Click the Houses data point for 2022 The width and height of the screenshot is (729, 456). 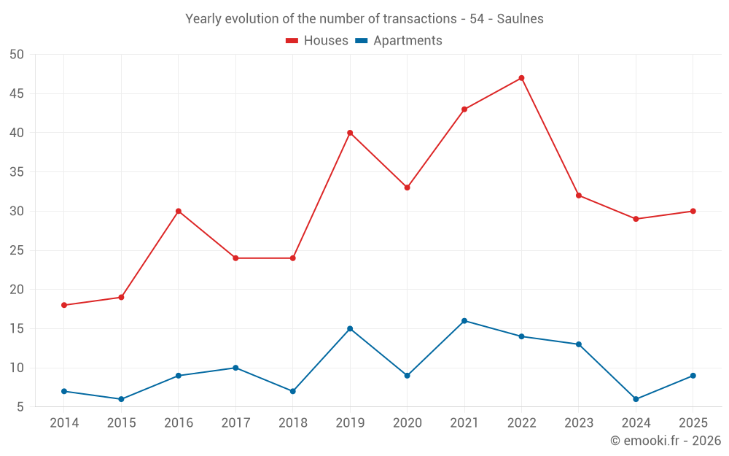(x=521, y=78)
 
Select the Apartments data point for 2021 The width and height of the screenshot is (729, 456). (x=464, y=321)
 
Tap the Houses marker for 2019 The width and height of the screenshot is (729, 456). (x=350, y=133)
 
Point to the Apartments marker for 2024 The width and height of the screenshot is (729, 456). (x=636, y=399)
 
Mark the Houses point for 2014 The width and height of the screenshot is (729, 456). (x=64, y=305)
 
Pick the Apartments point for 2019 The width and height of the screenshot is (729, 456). (x=350, y=328)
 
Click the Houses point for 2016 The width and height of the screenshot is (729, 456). (x=179, y=212)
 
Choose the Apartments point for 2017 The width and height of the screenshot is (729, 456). (x=235, y=368)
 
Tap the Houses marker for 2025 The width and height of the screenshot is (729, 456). (x=693, y=212)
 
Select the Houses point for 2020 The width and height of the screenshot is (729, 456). (x=407, y=188)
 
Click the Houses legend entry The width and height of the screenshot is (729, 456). (x=317, y=41)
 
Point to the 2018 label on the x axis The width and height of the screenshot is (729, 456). (x=293, y=423)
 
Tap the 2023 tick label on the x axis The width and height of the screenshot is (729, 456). (x=578, y=423)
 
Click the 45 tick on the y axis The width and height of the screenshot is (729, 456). (x=17, y=93)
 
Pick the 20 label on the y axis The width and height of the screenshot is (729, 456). (x=17, y=290)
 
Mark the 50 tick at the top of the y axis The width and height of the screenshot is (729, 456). (x=17, y=55)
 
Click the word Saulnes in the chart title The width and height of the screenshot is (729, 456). (x=521, y=19)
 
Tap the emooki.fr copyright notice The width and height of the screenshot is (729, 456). (x=665, y=441)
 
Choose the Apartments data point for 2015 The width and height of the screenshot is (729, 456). (x=121, y=399)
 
